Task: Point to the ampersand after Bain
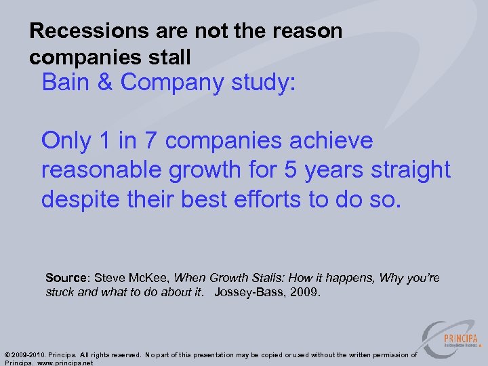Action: point(106,82)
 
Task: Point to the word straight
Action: point(411,170)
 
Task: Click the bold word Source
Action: point(66,279)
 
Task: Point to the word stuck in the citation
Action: point(60,292)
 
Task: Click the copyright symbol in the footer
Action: point(7,355)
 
